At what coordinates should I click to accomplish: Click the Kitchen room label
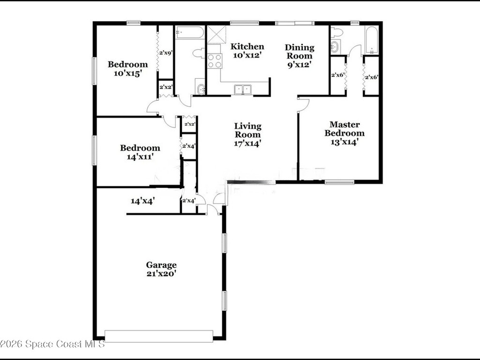pos(247,51)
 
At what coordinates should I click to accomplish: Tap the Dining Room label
pos(300,56)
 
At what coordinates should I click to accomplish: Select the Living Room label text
pos(247,135)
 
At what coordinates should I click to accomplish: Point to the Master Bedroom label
pos(345,133)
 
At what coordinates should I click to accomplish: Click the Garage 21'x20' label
pos(161,269)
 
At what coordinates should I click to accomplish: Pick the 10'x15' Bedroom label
pos(127,69)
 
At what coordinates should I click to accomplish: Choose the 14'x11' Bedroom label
pos(140,152)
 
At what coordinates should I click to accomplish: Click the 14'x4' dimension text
pos(142,201)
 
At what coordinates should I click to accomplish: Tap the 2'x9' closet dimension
pos(166,52)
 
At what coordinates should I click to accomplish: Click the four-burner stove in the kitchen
pos(214,60)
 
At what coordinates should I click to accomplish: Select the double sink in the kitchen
pos(243,90)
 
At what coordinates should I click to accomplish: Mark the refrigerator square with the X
pos(217,35)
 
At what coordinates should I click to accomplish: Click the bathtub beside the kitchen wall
pos(189,32)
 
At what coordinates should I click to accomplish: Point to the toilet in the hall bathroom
pos(199,53)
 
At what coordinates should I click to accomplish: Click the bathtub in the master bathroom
pos(372,40)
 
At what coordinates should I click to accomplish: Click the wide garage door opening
pos(158,336)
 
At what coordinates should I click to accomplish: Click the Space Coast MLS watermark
pos(52,344)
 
